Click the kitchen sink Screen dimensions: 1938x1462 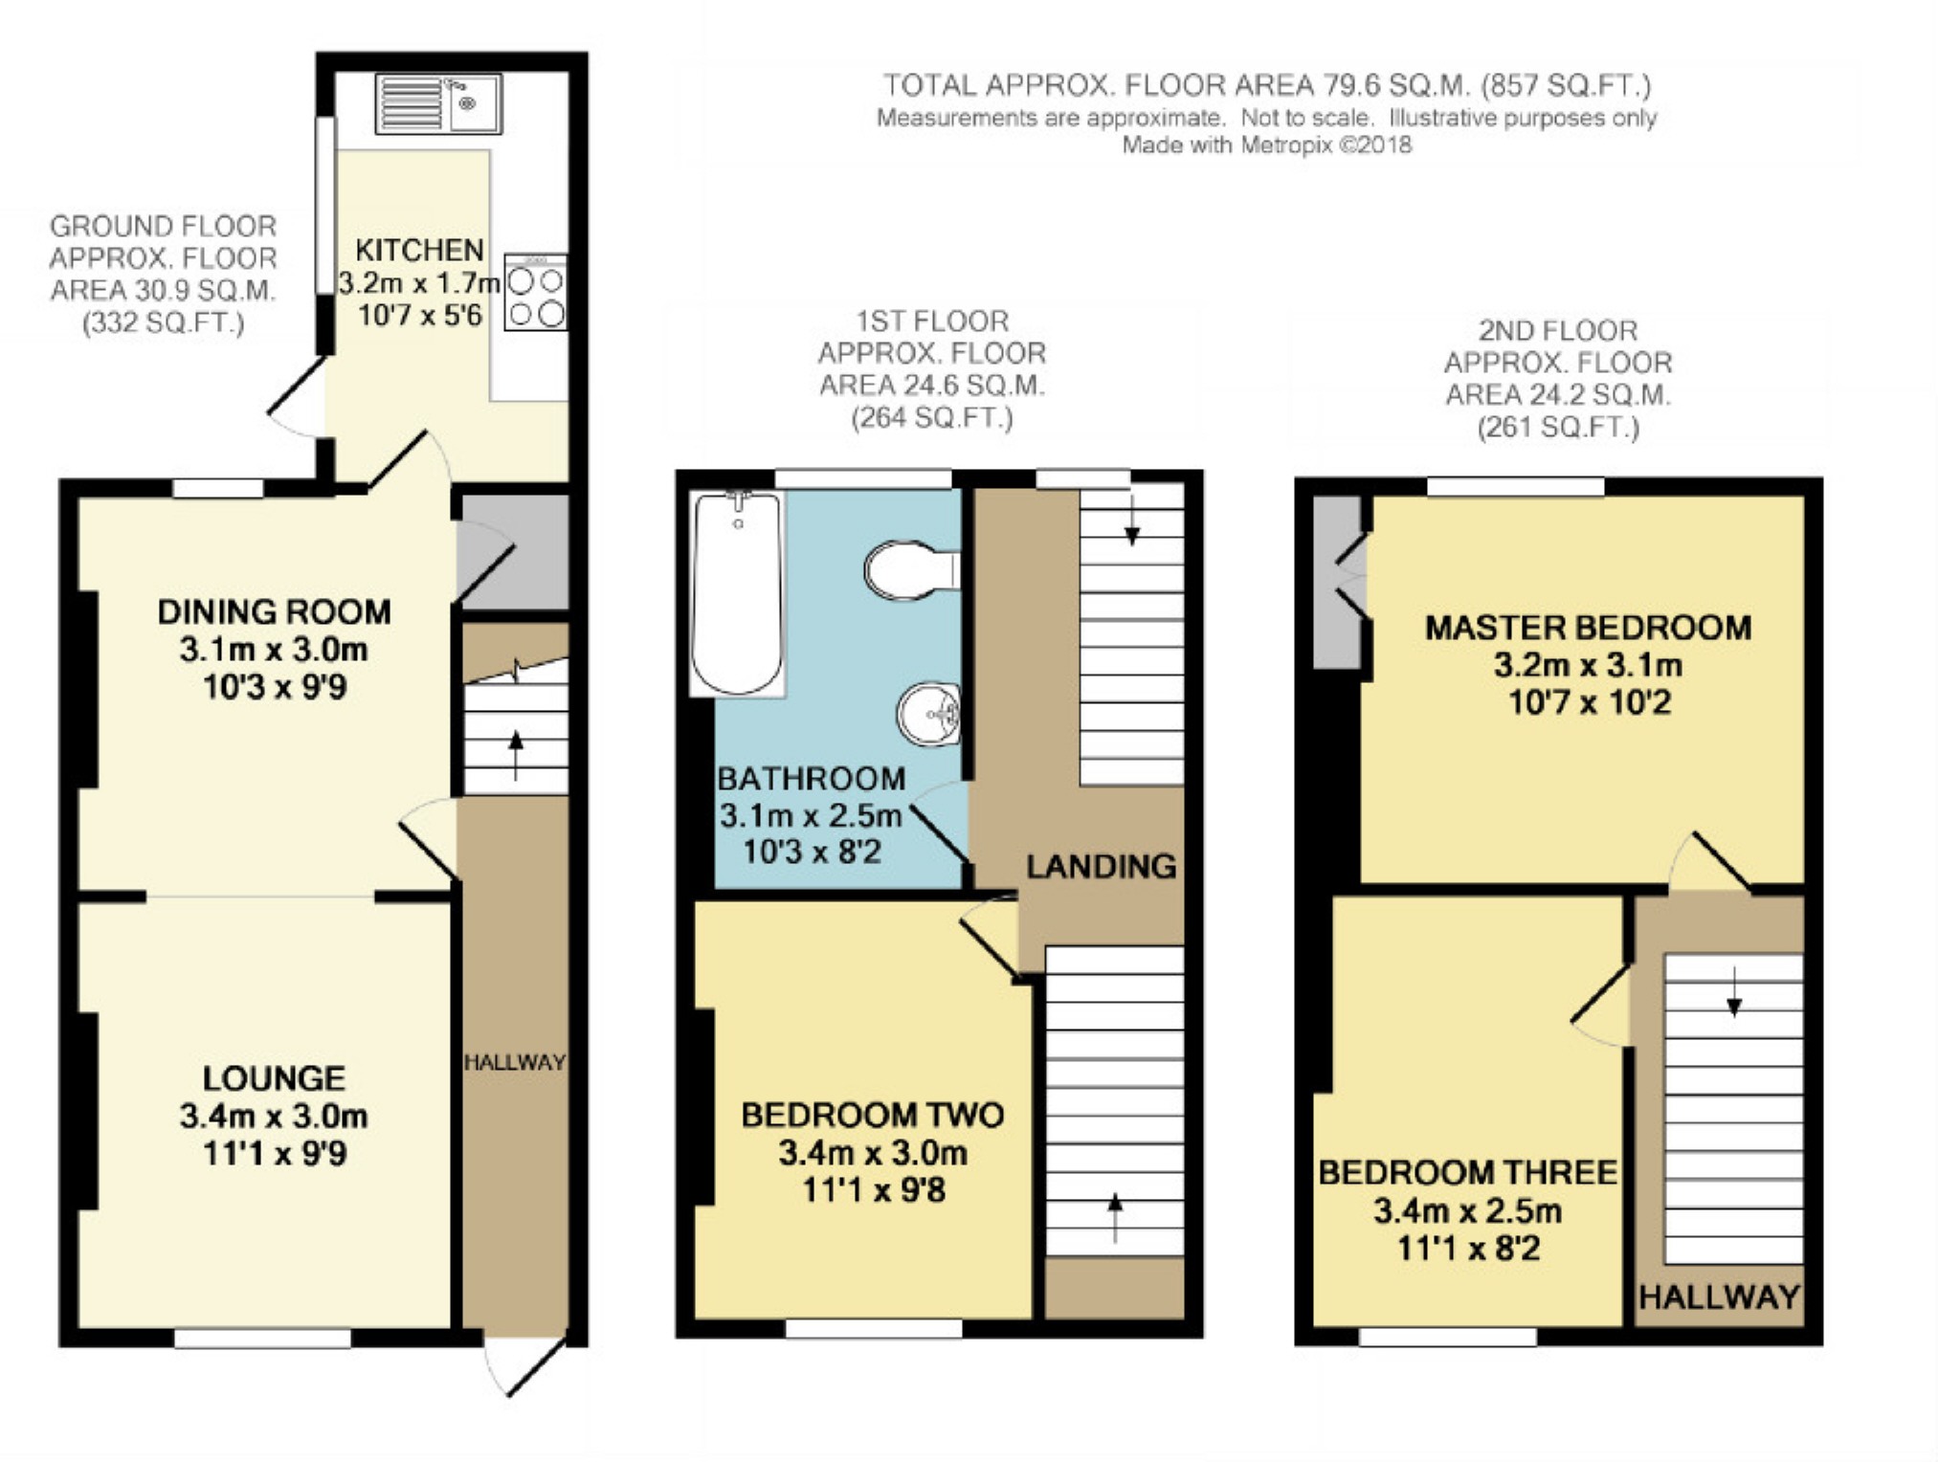[x=438, y=103]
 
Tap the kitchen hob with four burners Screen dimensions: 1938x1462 [x=535, y=292]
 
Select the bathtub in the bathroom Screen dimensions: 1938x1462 [x=738, y=593]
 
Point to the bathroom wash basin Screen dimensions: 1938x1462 [x=928, y=714]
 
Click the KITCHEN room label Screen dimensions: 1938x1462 [x=419, y=250]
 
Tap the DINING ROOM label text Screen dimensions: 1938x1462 [x=275, y=611]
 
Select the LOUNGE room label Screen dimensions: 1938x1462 [x=274, y=1078]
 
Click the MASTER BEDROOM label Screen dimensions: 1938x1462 [x=1589, y=628]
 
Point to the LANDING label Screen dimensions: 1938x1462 [x=1102, y=866]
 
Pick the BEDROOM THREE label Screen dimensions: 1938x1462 [x=1468, y=1172]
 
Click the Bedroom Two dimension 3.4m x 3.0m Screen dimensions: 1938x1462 [x=873, y=1153]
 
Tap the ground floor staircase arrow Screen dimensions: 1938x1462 [x=517, y=754]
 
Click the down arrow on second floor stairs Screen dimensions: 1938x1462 [x=1734, y=991]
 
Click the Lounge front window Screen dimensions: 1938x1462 [x=262, y=1338]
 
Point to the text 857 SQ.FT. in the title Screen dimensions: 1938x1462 [x=1567, y=85]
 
